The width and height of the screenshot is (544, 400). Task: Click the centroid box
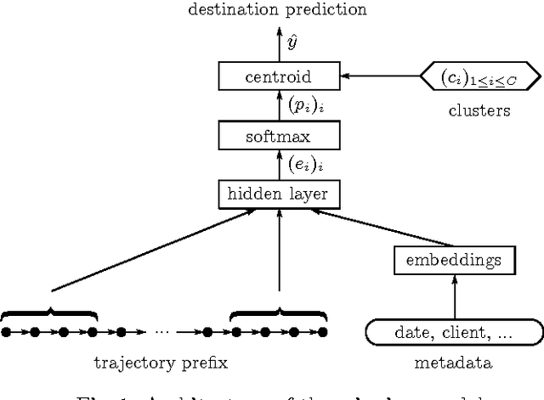click(x=277, y=77)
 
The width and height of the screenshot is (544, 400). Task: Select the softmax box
click(x=277, y=135)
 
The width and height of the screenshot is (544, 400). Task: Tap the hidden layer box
click(x=277, y=194)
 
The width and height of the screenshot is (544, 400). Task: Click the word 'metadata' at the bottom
click(x=452, y=363)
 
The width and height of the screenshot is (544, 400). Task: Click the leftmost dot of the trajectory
click(x=7, y=331)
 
